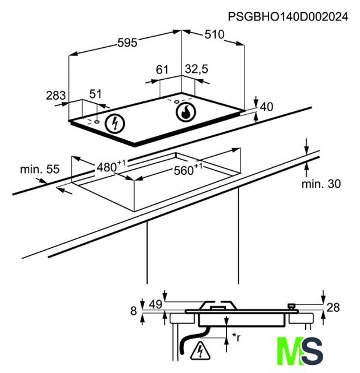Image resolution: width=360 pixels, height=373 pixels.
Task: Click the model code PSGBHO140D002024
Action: [x=288, y=17]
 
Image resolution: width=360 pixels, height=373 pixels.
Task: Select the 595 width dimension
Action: [x=127, y=43]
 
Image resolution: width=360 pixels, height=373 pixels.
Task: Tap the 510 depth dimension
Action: [x=214, y=34]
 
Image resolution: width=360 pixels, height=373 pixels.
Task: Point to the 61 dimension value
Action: [x=162, y=70]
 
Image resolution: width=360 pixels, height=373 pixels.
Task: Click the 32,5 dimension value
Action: [x=197, y=69]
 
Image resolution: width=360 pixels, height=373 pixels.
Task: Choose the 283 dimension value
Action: [x=55, y=96]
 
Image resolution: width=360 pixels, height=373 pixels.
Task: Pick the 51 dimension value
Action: [x=96, y=94]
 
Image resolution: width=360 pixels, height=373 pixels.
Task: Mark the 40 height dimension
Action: [x=267, y=107]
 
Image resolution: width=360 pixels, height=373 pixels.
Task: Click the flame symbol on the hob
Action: [x=186, y=112]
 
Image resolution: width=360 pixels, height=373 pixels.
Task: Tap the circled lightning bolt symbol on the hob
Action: [x=116, y=123]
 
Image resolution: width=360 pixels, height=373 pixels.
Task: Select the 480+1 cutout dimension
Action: [x=111, y=166]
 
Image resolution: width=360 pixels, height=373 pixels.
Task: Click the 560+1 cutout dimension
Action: [x=188, y=170]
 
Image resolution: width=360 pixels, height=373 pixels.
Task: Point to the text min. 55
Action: [x=40, y=170]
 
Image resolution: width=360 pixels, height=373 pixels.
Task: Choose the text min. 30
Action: [x=321, y=184]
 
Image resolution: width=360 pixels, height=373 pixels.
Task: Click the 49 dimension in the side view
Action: [x=156, y=304]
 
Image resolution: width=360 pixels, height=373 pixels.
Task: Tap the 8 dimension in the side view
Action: [x=134, y=311]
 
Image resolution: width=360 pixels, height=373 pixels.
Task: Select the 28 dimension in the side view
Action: [x=333, y=308]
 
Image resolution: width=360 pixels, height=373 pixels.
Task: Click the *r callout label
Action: [x=236, y=337]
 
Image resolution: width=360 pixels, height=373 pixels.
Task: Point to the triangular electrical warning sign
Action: [x=201, y=350]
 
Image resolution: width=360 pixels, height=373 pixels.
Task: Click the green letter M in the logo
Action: [x=290, y=351]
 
